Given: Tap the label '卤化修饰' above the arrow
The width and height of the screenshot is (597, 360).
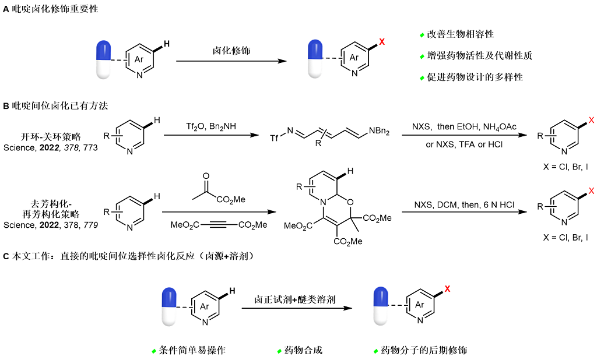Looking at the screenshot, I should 231,51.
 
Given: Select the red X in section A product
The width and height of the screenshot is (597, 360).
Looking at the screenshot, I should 382,42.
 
